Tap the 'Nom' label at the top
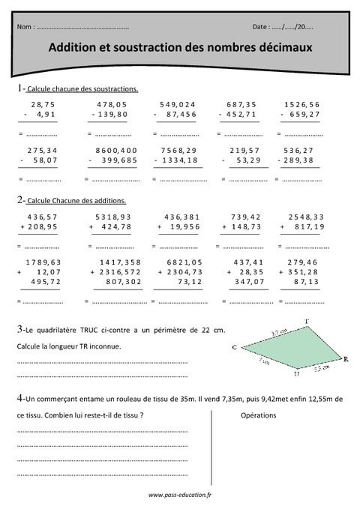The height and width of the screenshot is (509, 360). pyautogui.click(x=24, y=27)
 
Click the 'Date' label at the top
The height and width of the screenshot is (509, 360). pyautogui.click(x=261, y=27)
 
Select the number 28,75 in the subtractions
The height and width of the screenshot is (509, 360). pyautogui.click(x=43, y=104)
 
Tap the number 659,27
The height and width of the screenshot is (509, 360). pyautogui.click(x=303, y=114)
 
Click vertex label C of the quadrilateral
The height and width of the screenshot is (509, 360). pyautogui.click(x=235, y=347)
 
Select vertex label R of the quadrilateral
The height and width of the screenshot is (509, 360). pyautogui.click(x=345, y=360)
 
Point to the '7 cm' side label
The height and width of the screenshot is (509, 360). pyautogui.click(x=264, y=360)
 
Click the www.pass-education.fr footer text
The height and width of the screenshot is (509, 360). pyautogui.click(x=180, y=495)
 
